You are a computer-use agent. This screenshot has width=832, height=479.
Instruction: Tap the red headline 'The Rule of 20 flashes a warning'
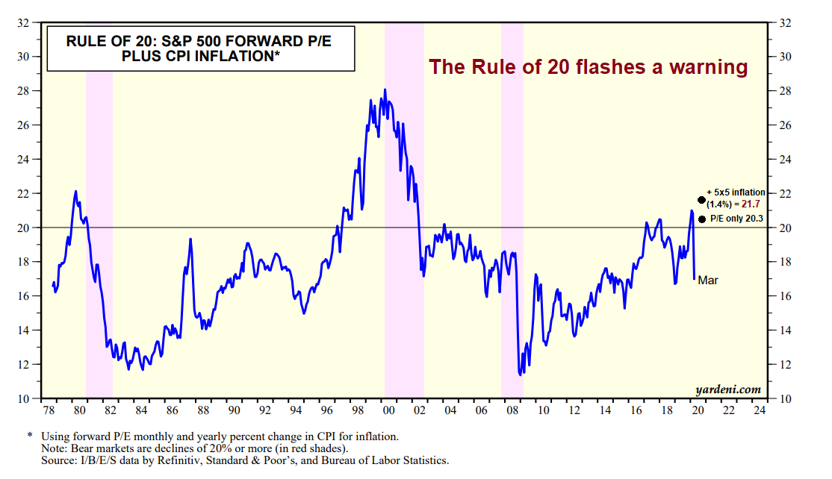coord(588,68)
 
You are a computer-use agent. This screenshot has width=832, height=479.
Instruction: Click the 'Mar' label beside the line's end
coord(708,280)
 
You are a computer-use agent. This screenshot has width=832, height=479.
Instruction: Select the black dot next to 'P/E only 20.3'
coord(701,219)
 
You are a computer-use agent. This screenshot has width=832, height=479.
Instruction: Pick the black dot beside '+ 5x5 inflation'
coord(701,200)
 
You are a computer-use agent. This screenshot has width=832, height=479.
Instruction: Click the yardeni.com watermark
coord(727,389)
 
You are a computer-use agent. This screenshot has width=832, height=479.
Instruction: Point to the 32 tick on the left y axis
coord(24,22)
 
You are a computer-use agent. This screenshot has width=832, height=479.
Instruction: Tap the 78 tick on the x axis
coord(48,411)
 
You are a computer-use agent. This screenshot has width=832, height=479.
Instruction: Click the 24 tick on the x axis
coord(760,411)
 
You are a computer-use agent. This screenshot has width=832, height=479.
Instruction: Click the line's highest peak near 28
coord(385,90)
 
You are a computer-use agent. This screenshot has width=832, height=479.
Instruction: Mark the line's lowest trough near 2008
coord(520,374)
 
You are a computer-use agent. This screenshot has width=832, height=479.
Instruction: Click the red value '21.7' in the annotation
coord(755,204)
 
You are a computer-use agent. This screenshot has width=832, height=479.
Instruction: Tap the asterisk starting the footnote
coord(30,435)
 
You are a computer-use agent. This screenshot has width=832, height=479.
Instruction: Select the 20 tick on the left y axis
coord(24,228)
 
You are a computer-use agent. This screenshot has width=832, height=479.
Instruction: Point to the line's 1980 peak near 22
coord(75,192)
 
